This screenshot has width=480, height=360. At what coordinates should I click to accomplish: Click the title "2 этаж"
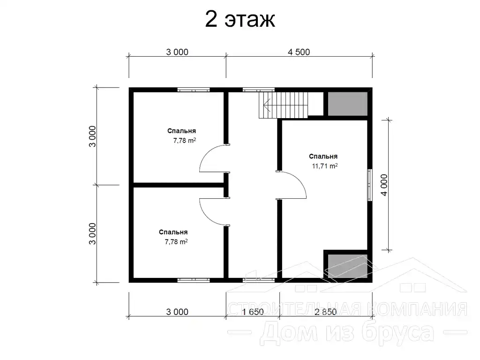click(240, 19)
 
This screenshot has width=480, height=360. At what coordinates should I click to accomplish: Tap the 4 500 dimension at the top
click(299, 52)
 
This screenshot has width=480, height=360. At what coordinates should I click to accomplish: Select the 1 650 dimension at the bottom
click(253, 312)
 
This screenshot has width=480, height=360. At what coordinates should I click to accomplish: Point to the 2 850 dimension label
click(325, 312)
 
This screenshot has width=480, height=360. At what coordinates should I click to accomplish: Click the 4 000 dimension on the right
click(384, 185)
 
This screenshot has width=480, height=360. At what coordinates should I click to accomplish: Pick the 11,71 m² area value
click(325, 166)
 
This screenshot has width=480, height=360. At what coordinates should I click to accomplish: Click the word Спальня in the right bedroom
click(323, 157)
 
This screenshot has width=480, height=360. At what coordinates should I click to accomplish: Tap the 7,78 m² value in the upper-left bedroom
click(185, 141)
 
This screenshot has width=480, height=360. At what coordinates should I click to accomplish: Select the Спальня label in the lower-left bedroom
click(173, 232)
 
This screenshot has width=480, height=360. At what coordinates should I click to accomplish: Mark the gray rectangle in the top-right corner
click(347, 104)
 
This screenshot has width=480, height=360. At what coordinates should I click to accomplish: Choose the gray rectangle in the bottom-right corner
click(347, 266)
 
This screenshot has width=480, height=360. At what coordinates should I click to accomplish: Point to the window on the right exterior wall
click(370, 185)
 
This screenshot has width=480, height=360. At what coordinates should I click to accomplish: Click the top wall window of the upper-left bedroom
click(194, 90)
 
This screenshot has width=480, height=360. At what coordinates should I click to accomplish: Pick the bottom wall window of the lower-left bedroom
click(194, 280)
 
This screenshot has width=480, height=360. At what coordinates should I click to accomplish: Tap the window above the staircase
click(259, 90)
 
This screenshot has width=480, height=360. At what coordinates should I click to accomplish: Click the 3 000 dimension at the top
click(177, 52)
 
